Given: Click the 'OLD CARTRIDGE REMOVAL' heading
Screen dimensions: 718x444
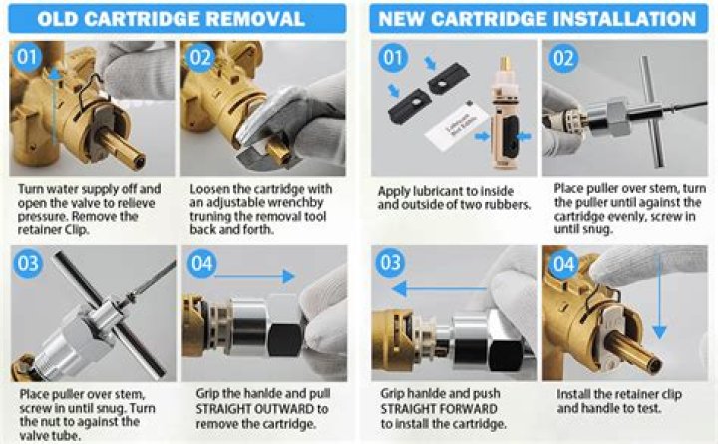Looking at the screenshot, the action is pos(171,19).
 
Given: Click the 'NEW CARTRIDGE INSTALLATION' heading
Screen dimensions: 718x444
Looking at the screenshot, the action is pos(538,19).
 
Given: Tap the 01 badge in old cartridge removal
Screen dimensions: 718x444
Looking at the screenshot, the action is pos(27,57).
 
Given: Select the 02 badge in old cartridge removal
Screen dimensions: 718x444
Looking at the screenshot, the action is pos(200,58).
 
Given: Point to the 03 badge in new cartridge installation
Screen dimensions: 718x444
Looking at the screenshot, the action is pos(390,263).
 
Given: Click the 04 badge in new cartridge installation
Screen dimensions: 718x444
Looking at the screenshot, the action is pos(563,264).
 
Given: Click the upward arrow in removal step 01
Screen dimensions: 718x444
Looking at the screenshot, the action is pos(55,107).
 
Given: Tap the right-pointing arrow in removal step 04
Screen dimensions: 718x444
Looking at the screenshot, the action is pos(254,276).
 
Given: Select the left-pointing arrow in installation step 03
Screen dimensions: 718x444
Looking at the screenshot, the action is pos(439,289).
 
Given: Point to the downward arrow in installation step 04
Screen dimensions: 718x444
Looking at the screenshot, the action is pos(659,298).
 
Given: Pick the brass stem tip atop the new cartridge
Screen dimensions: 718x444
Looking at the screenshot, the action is pos(505,64).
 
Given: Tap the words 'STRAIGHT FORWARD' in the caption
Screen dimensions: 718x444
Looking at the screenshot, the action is pos(439,409).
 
